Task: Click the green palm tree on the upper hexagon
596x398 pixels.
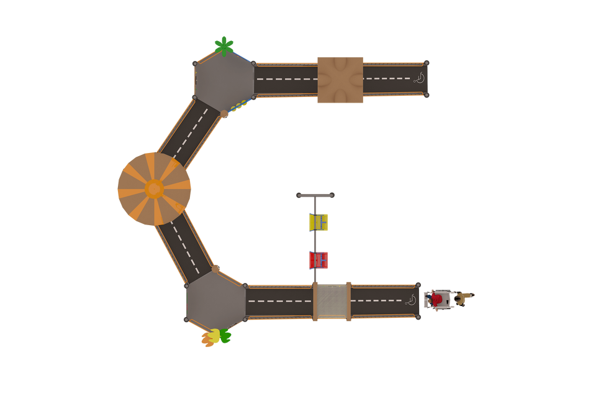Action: click(223, 45)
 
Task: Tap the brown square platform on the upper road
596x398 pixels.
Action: click(340, 80)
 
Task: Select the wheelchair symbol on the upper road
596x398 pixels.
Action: click(420, 79)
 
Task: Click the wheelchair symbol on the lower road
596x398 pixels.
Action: click(410, 301)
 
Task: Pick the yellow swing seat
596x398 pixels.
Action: click(319, 222)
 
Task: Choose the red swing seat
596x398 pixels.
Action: click(319, 260)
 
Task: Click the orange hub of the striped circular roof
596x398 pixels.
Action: click(154, 188)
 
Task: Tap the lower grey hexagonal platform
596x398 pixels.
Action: click(215, 302)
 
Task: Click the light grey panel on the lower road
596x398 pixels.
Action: click(332, 302)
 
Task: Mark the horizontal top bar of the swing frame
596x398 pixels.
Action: click(315, 195)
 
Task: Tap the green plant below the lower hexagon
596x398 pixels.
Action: click(225, 336)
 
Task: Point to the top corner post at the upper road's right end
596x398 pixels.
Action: click(427, 62)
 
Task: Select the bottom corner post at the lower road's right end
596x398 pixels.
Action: click(419, 318)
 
